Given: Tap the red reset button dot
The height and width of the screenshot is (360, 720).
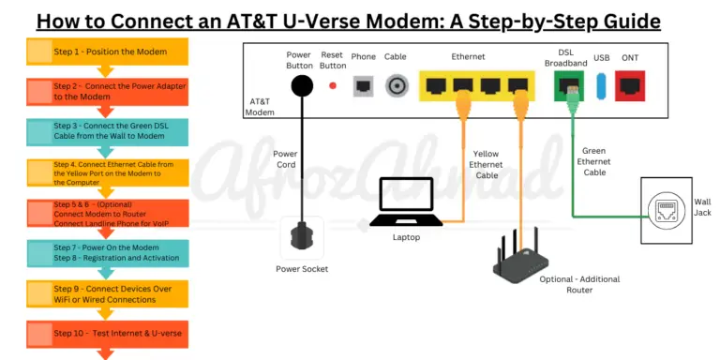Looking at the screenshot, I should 332,86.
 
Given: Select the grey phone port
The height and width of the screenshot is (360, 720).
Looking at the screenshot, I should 363,86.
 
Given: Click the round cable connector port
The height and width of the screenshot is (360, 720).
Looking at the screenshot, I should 397,86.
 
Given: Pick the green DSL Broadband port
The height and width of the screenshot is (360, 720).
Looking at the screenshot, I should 567,86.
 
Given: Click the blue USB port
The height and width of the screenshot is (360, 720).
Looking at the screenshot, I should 600,86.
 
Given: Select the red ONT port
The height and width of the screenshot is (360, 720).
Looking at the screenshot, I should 630,86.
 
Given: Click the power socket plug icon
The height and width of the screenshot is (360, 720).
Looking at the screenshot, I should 302,236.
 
